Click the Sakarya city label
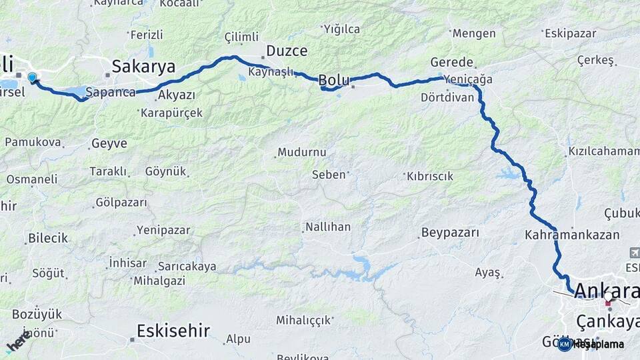tap(143, 67)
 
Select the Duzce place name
tap(287, 51)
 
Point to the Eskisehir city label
tap(173, 330)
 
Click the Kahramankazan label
tap(572, 235)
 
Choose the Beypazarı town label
tap(450, 233)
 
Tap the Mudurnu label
tap(302, 152)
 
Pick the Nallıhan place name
tap(327, 227)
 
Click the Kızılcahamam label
tap(604, 151)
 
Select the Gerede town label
tap(452, 62)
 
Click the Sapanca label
tap(111, 92)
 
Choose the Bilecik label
tap(48, 238)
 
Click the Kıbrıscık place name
tap(430, 177)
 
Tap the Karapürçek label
tap(171, 113)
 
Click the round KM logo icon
tap(565, 344)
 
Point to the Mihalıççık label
tap(304, 320)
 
